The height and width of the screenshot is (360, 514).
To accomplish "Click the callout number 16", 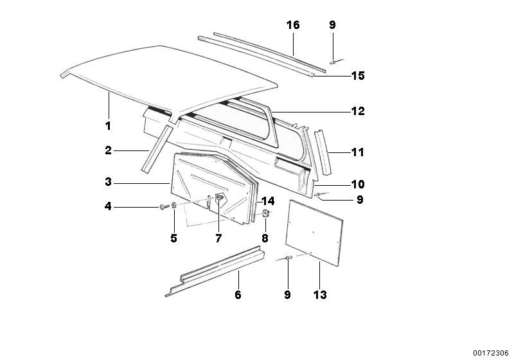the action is tap(293, 24).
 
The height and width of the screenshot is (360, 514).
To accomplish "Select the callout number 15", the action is tap(358, 76).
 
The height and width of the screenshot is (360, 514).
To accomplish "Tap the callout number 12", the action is tap(358, 111).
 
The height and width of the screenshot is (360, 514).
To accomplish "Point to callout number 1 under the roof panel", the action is tap(108, 125).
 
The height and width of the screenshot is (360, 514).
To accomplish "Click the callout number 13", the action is tap(320, 295).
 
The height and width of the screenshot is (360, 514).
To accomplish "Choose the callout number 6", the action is tap(238, 295).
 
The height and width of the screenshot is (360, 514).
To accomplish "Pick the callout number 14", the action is tap(268, 201).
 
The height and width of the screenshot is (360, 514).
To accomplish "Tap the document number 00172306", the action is tap(491, 353).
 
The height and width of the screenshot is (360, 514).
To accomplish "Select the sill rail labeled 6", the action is tap(215, 271).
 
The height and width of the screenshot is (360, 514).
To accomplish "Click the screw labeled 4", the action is tap(164, 206).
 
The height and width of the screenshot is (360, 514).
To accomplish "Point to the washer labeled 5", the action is tap(174, 205).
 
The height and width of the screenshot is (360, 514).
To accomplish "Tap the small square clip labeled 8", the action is tap(265, 213).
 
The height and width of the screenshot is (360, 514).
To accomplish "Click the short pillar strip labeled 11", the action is tap(323, 152).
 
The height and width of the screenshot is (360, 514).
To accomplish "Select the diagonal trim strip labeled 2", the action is tap(157, 149).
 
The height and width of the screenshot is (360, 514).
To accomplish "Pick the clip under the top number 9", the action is tap(333, 61).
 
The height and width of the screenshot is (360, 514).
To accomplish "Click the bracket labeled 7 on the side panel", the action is tap(219, 198).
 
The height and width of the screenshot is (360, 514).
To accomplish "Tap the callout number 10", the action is tap(358, 184).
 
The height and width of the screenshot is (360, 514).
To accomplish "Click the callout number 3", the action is tap(108, 182).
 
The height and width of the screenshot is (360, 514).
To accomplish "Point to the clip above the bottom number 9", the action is tap(288, 257).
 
